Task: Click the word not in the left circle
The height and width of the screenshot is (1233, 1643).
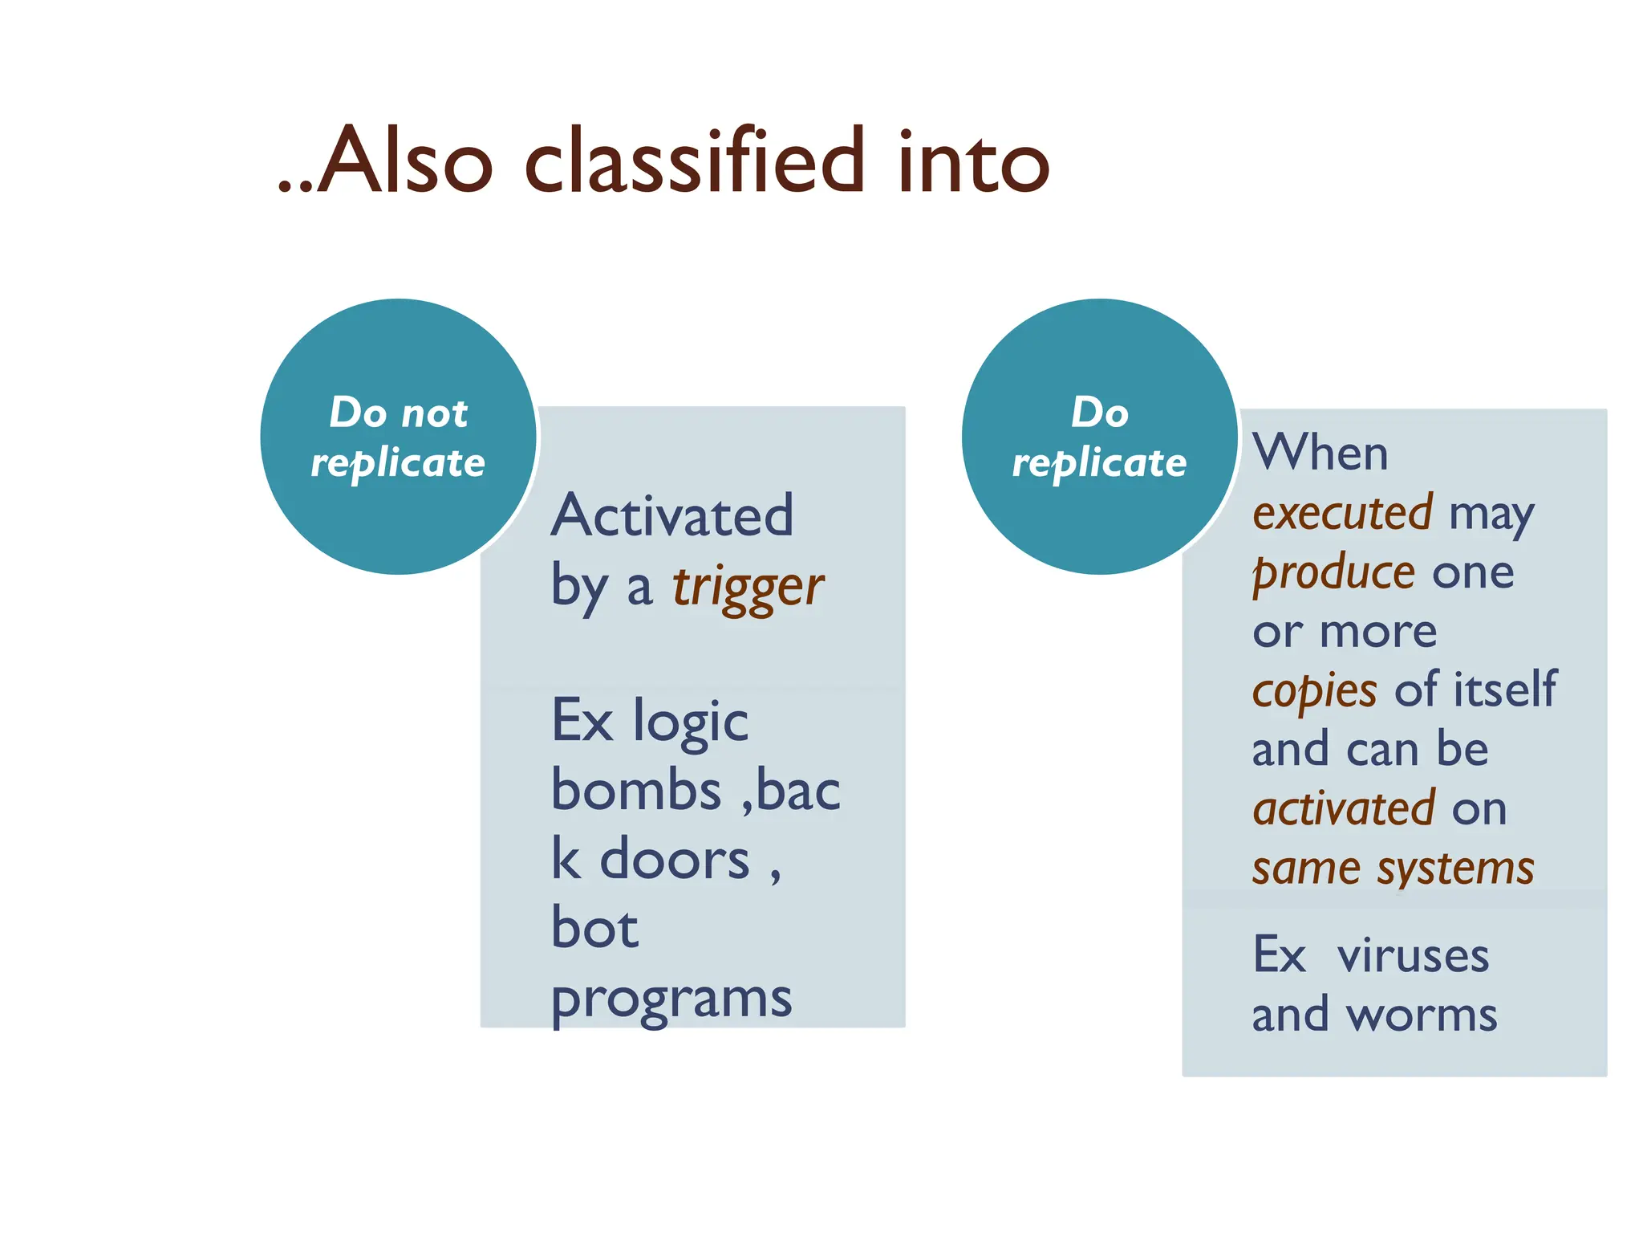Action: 434,413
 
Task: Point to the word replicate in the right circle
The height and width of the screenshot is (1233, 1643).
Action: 1099,464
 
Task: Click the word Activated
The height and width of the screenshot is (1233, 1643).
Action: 672,515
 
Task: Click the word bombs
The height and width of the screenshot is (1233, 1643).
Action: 636,791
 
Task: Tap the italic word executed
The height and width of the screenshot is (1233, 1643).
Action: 1343,513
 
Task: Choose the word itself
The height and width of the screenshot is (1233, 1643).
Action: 1506,689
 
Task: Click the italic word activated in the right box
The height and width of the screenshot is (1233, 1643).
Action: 1344,809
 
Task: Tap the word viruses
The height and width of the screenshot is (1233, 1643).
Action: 1413,956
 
